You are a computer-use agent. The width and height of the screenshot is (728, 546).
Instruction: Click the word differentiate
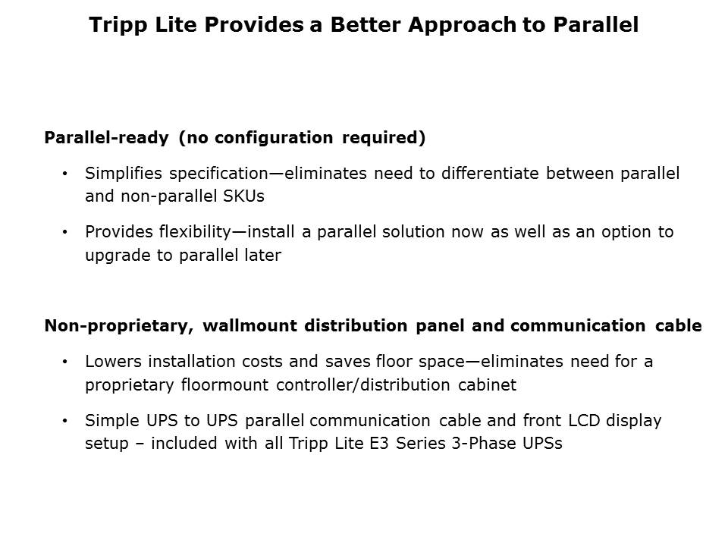(491, 174)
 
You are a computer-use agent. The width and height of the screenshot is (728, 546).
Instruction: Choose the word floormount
(225, 384)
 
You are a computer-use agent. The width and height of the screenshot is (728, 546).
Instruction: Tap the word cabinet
(487, 384)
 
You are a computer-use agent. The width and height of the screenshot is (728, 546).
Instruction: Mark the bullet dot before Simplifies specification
(65, 174)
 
